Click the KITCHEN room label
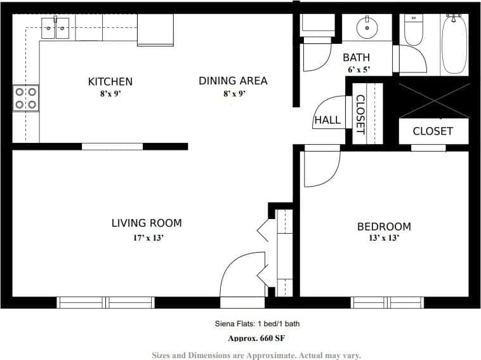[x=110, y=81]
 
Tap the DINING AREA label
[x=233, y=81]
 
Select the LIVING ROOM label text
[x=147, y=223]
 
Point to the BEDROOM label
[x=383, y=227]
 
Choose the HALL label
[x=327, y=120]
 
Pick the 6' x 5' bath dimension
[x=359, y=70]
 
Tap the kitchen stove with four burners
[x=26, y=98]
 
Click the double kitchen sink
[x=55, y=29]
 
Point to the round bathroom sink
[x=366, y=28]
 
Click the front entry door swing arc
[x=241, y=274]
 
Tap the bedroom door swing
[x=320, y=169]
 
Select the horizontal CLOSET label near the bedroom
[x=433, y=131]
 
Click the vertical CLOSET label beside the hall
[x=360, y=114]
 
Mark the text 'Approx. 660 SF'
[x=256, y=338]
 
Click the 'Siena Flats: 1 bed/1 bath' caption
[x=256, y=324]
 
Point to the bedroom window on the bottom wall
[x=387, y=302]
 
